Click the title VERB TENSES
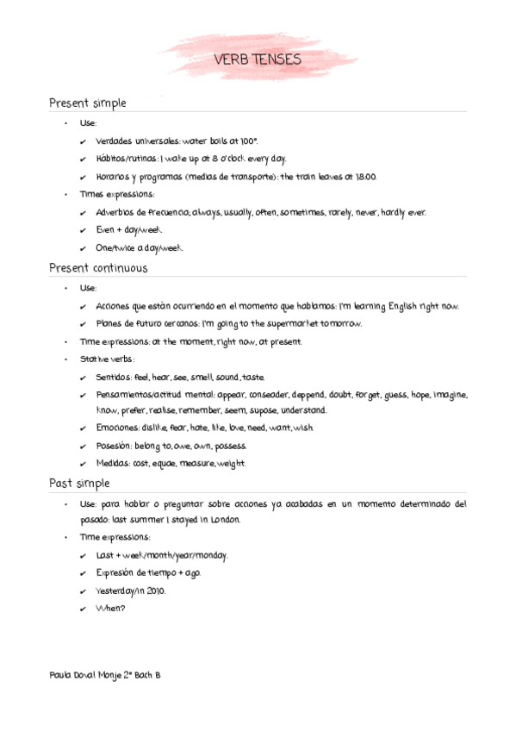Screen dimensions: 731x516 click(258, 59)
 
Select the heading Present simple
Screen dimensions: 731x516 click(88, 103)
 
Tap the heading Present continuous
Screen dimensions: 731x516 click(98, 268)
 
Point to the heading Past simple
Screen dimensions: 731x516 click(79, 484)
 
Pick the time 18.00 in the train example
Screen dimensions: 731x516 click(364, 177)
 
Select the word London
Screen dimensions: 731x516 click(222, 520)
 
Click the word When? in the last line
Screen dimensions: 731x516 click(111, 609)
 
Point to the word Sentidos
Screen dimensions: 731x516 click(115, 378)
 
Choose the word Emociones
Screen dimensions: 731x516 click(118, 428)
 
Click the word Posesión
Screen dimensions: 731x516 click(115, 447)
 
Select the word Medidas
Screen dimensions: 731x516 click(113, 464)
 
